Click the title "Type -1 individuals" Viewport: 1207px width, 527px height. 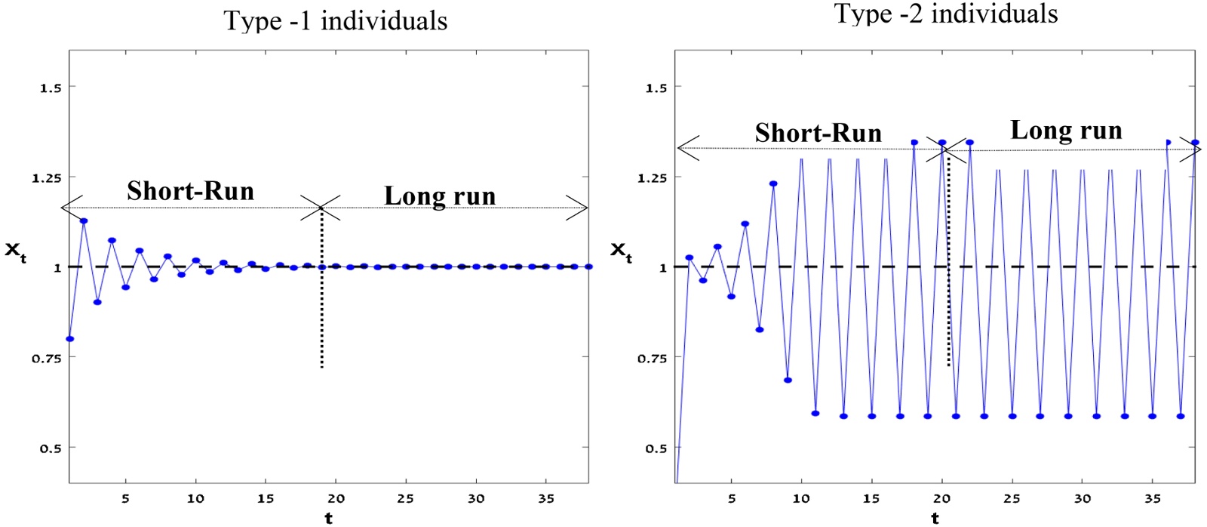tap(336, 20)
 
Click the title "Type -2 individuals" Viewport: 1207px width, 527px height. tap(946, 14)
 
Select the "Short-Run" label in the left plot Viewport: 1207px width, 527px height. tap(190, 191)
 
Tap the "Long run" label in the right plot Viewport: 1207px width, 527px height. tap(1066, 131)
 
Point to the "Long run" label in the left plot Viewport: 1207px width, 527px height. tap(440, 196)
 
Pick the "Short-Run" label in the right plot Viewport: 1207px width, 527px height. tap(818, 134)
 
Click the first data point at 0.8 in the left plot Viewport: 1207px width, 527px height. tap(70, 339)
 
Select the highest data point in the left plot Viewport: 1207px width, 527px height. tap(84, 221)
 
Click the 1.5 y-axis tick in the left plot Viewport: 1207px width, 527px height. tap(51, 88)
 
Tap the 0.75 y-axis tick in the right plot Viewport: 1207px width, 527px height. tap(653, 359)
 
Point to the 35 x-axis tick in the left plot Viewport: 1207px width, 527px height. tap(546, 498)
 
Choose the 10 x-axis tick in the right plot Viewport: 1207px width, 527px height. tap(801, 498)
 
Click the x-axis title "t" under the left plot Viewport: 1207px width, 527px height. tap(328, 518)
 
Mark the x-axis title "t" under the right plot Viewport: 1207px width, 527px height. tap(935, 518)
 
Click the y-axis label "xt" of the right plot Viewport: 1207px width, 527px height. tap(620, 251)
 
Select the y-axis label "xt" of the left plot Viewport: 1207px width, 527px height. tap(16, 251)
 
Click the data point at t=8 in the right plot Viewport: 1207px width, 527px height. tap(773, 183)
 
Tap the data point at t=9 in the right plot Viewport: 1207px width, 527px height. tap(788, 380)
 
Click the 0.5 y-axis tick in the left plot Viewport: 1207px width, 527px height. tap(51, 448)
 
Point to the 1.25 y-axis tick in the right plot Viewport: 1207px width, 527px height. tap(653, 178)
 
